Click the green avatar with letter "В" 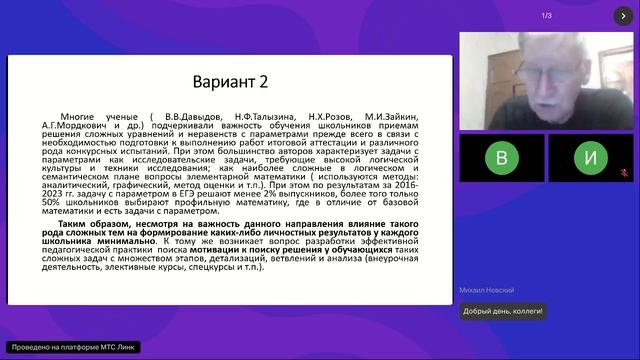(x=502, y=158)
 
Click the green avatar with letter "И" (x=591, y=158)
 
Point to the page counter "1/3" (x=546, y=16)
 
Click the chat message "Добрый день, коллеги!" (x=503, y=311)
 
